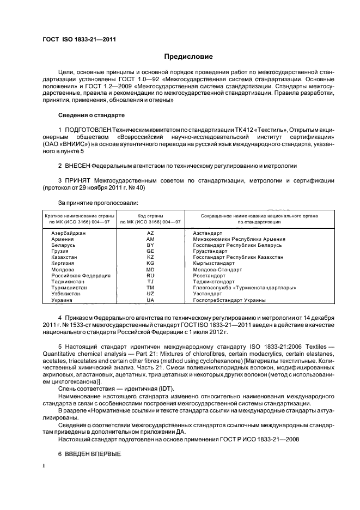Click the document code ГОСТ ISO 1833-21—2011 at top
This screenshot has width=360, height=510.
pyautogui.click(x=79, y=40)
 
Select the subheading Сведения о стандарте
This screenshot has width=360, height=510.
pyautogui.click(x=91, y=116)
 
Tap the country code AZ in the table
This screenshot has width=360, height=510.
pyautogui.click(x=150, y=233)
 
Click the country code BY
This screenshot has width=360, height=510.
pyautogui.click(x=150, y=245)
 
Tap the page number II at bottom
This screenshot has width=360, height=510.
pyautogui.click(x=45, y=466)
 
